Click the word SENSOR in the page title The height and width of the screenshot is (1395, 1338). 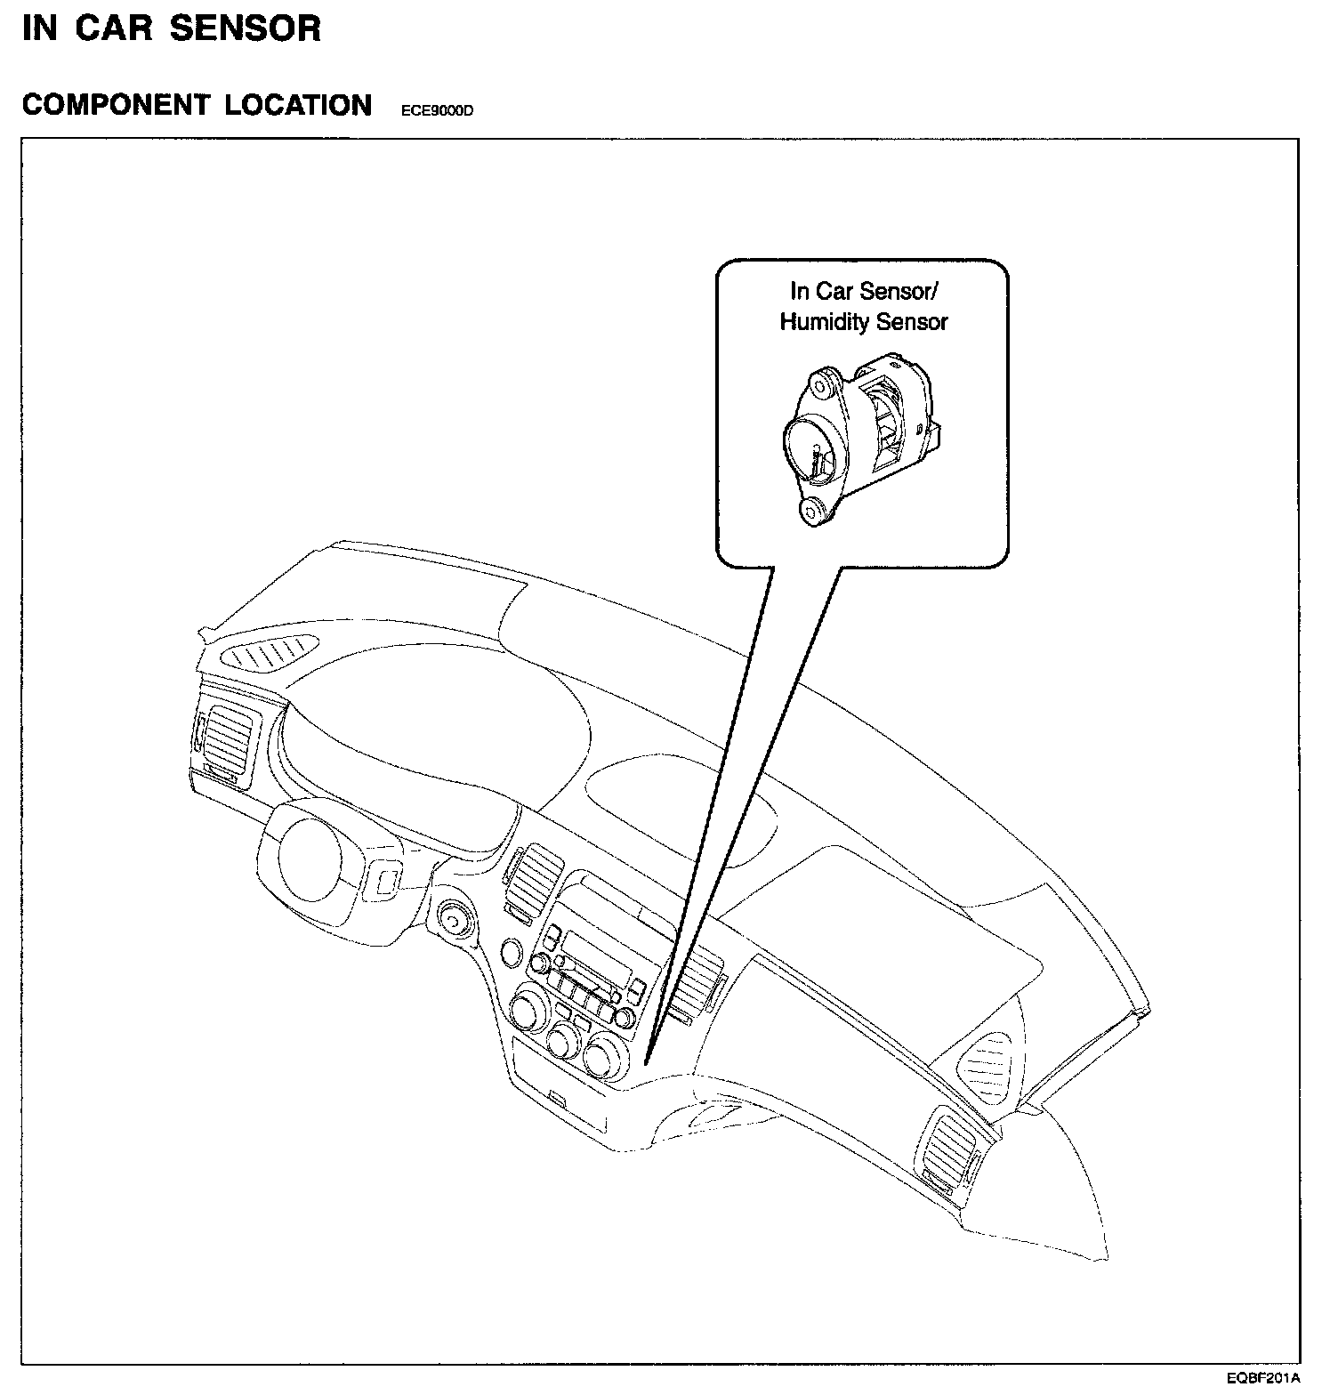[246, 28]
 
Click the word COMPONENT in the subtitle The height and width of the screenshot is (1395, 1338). [115, 105]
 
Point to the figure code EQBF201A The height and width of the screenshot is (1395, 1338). [1263, 1380]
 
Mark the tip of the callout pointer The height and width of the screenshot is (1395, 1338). [648, 1062]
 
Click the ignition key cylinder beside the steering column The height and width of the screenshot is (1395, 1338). [455, 917]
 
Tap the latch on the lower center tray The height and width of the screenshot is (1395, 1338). [558, 1098]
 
